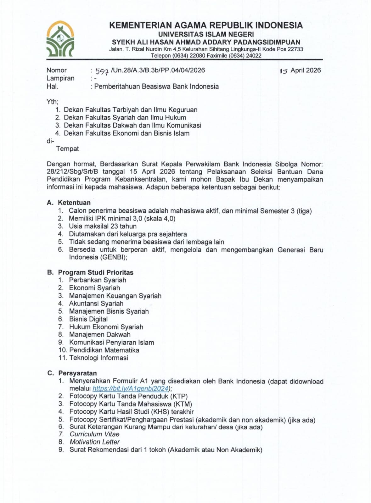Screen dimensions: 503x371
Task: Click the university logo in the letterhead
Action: pyautogui.click(x=60, y=39)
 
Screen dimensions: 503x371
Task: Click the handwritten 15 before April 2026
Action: pyautogui.click(x=284, y=71)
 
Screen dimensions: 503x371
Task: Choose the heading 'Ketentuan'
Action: pyautogui.click(x=74, y=203)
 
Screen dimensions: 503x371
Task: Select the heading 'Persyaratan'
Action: pyautogui.click(x=77, y=373)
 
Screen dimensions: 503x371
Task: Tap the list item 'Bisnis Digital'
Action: pyautogui.click(x=88, y=319)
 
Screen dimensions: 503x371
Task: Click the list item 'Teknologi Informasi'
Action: pyautogui.click(x=98, y=358)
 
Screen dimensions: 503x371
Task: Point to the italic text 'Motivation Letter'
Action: pyautogui.click(x=95, y=442)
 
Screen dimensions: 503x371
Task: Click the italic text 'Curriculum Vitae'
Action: pyautogui.click(x=94, y=434)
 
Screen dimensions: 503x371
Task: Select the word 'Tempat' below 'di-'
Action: pyautogui.click(x=67, y=148)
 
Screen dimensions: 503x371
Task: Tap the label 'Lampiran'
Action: pyautogui.click(x=60, y=78)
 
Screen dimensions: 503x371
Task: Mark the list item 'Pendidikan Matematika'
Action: pyautogui.click(x=104, y=350)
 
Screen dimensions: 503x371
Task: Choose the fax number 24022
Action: pyautogui.click(x=254, y=56)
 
